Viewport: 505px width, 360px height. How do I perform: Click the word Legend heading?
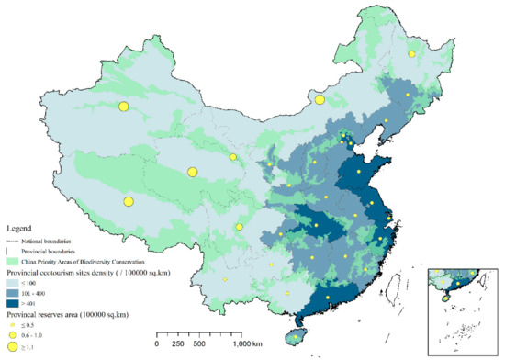21,225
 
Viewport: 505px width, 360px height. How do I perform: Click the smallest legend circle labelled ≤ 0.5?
14,326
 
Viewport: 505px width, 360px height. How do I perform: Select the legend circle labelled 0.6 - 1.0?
14,336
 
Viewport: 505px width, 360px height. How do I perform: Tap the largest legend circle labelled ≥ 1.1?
14,347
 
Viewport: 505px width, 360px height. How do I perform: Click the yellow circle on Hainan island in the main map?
294,337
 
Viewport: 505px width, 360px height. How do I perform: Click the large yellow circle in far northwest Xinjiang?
123,107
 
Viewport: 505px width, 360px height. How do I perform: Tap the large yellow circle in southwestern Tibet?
129,201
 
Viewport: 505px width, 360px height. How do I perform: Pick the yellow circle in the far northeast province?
411,54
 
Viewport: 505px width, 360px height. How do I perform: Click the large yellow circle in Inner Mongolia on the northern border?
320,100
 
